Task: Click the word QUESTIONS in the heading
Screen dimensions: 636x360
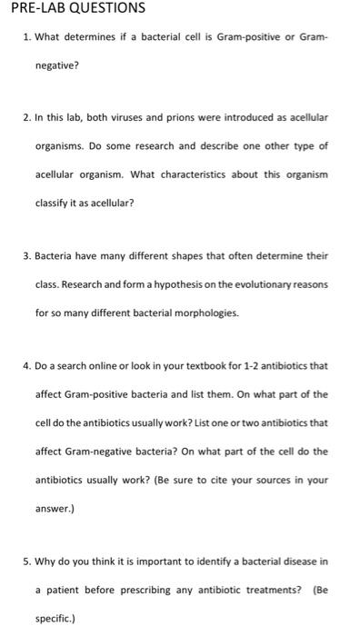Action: tap(105, 8)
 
